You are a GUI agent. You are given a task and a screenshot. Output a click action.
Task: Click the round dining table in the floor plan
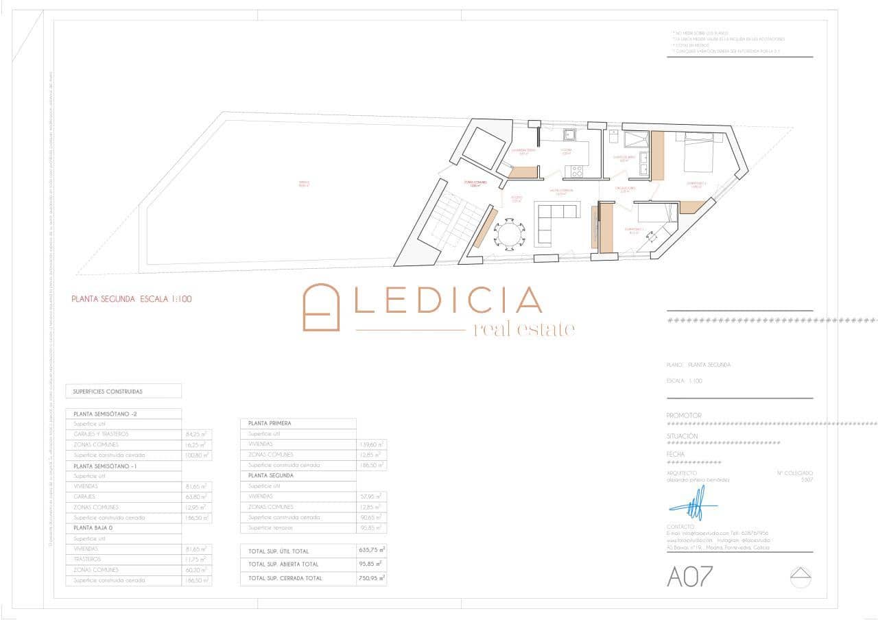[x=510, y=233]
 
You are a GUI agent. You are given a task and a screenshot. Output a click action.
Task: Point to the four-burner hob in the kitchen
[x=574, y=170]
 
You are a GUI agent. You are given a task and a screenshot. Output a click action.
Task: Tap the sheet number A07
[x=690, y=577]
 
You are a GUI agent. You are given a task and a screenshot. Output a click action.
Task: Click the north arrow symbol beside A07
[x=800, y=577]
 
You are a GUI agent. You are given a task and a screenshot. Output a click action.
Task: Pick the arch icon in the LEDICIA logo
[x=322, y=307]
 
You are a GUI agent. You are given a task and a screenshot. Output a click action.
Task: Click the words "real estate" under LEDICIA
[x=524, y=329]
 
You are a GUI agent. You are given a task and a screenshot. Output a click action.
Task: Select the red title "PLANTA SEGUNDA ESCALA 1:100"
[x=132, y=299]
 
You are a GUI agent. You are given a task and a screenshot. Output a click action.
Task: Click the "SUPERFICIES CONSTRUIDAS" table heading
[x=108, y=392]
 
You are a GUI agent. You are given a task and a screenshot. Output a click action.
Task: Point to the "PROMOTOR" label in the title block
[x=684, y=416]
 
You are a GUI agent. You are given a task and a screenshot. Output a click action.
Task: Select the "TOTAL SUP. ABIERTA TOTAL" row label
[x=283, y=564]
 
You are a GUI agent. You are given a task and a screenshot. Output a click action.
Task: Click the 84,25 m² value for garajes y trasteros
[x=196, y=434]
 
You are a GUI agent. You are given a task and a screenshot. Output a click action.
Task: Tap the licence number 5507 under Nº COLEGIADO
[x=807, y=480]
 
